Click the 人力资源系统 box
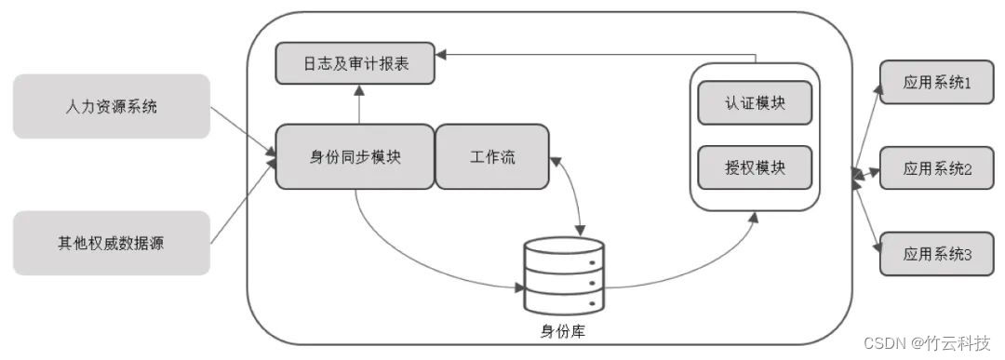click(x=112, y=107)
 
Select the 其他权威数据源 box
click(x=112, y=244)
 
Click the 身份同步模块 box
click(x=355, y=156)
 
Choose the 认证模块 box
click(x=755, y=102)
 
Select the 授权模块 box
click(x=755, y=167)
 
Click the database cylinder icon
click(x=564, y=275)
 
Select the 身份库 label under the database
click(x=564, y=330)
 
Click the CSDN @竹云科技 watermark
click(x=928, y=342)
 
